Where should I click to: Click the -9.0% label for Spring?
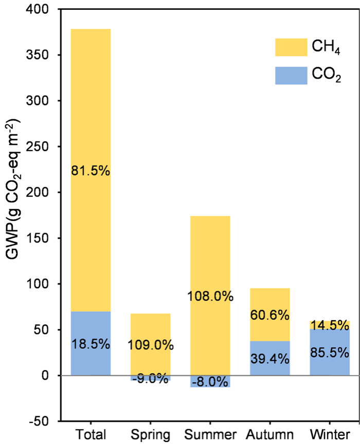pos(150,380)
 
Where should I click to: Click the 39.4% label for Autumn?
pos(269,357)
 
